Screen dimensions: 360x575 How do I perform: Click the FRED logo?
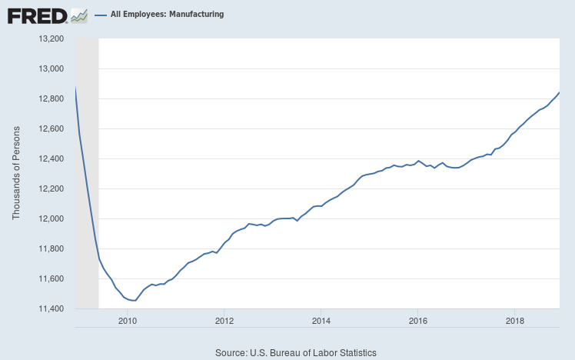[x=46, y=15]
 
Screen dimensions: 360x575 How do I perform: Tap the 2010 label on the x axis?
[x=127, y=321]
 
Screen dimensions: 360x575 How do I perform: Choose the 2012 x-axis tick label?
[x=224, y=321]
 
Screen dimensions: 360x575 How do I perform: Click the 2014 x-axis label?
[x=321, y=321]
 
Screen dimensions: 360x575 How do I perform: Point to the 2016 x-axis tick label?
[x=417, y=321]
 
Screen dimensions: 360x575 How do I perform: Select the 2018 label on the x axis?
[x=514, y=321]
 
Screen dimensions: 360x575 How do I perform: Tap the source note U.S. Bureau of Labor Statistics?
[x=297, y=353]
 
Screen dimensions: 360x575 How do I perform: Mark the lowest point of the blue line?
[x=135, y=301]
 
